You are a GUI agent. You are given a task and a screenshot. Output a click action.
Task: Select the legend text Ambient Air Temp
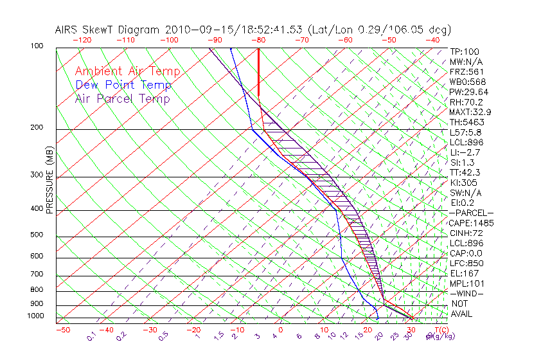pyautogui.click(x=127, y=71)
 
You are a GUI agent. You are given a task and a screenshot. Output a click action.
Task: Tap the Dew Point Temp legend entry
pyautogui.click(x=123, y=85)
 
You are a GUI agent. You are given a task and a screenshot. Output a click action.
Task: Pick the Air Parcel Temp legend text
pyautogui.click(x=122, y=98)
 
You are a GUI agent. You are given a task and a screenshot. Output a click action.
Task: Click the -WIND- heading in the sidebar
pyautogui.click(x=467, y=294)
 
